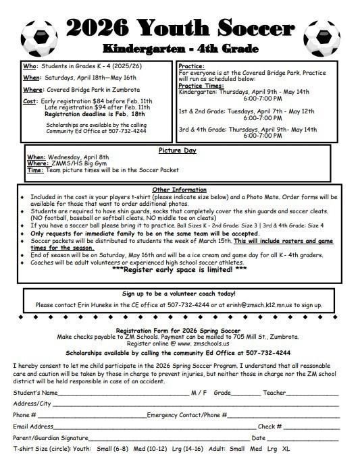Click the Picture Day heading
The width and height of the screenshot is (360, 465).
pyautogui.click(x=178, y=150)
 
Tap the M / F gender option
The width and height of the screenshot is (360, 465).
pyautogui.click(x=200, y=392)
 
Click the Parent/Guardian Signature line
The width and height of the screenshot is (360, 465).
pyautogui.click(x=169, y=439)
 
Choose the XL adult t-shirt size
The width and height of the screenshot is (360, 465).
pyautogui.click(x=286, y=448)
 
